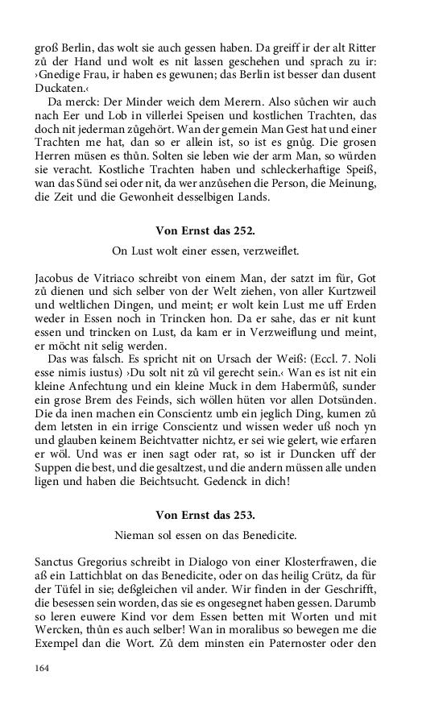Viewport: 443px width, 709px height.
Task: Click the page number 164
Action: coord(42,668)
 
